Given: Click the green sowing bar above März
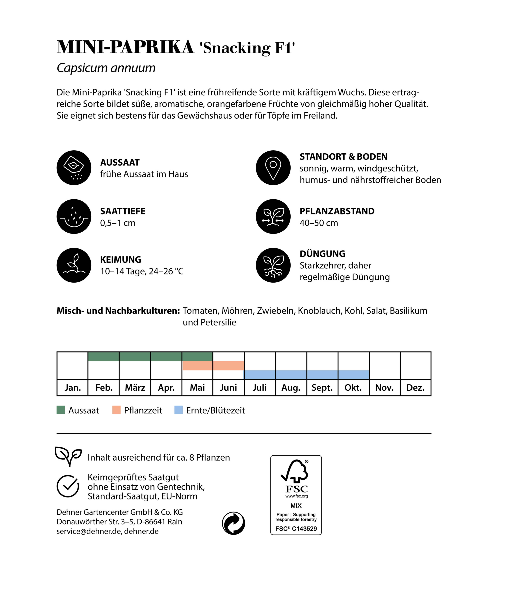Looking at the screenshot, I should [135, 356].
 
